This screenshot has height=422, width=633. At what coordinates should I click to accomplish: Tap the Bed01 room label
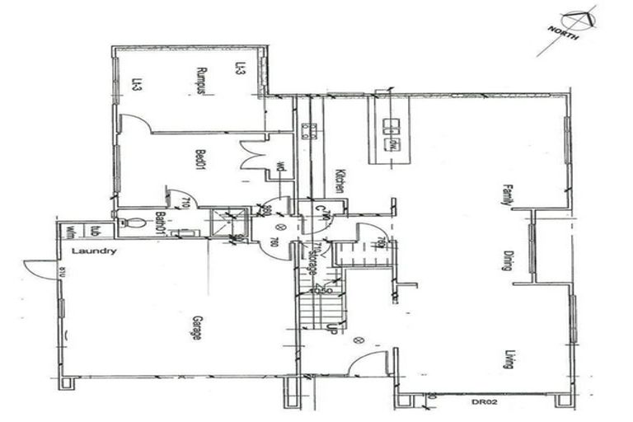tap(199, 159)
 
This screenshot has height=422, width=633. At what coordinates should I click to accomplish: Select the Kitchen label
tap(339, 181)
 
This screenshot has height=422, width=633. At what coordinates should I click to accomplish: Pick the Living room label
tap(509, 359)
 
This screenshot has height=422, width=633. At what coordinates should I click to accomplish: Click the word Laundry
tap(94, 251)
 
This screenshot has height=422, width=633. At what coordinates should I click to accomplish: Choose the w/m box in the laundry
tap(71, 232)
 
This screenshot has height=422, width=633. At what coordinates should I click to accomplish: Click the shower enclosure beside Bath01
tap(229, 223)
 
